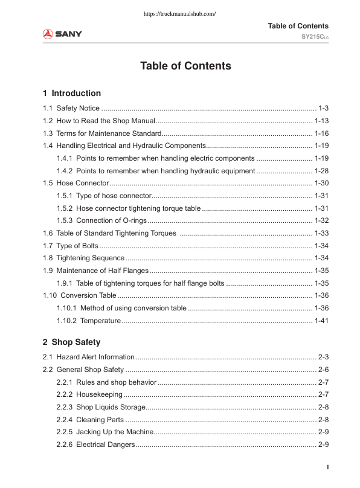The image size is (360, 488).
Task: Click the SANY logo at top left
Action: [62, 33]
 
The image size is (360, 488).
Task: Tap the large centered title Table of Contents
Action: [185, 66]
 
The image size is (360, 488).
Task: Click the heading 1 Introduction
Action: [72, 93]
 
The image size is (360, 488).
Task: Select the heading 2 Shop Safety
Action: [71, 342]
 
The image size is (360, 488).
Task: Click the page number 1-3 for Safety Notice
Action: [323, 108]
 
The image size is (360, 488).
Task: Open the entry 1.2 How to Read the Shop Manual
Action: [100, 121]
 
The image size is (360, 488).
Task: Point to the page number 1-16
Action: [321, 133]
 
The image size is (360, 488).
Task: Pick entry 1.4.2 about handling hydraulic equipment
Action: [155, 170]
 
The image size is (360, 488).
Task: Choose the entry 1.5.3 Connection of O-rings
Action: [101, 220]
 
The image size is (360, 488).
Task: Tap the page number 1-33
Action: [321, 233]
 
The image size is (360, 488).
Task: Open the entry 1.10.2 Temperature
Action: [88, 320]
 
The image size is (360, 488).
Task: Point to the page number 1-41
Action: [321, 320]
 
